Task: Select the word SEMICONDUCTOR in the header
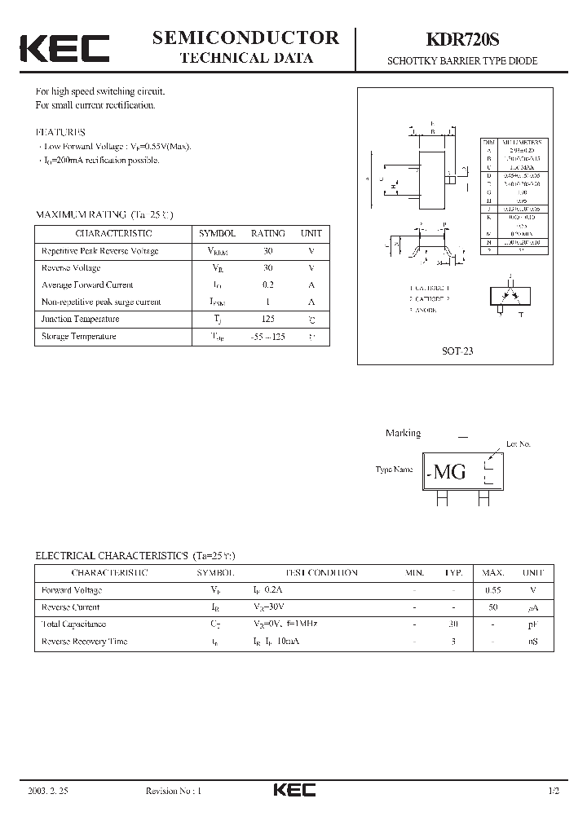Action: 246,37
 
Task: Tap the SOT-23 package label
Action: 457,351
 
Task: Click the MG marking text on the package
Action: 450,471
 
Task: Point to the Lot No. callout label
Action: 518,443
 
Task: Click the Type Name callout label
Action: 394,470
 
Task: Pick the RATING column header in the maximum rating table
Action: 267,233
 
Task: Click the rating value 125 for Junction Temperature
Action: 268,319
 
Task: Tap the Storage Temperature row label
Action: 79,336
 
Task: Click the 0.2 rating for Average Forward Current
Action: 268,285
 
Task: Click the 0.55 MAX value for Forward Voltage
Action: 492,589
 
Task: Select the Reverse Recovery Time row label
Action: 84,641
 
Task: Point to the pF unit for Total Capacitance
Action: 532,624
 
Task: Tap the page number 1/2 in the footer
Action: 554,791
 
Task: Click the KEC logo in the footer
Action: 293,790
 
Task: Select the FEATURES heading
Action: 60,131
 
